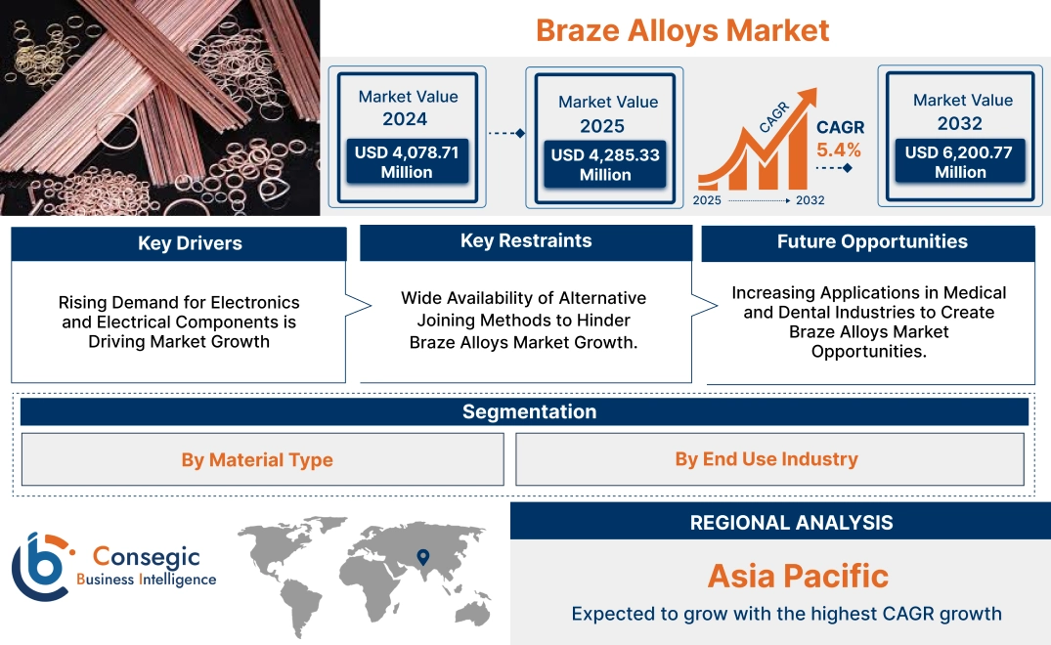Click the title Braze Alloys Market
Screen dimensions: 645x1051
pos(682,30)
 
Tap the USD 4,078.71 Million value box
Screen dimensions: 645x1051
pos(407,162)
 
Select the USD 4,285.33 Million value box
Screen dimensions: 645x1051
pos(605,165)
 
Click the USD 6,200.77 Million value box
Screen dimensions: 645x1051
pos(960,162)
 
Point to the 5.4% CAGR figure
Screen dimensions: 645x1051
pos(839,150)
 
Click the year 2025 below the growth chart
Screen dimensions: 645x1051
pos(709,200)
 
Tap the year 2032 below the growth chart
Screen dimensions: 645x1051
pos(810,200)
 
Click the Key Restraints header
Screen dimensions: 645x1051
pos(526,241)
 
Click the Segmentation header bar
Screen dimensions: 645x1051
pos(529,411)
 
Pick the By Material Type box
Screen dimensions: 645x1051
pos(257,460)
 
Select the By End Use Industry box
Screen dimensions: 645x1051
pos(766,459)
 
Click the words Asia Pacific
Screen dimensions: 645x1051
pos(798,576)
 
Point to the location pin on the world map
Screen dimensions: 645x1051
pos(422,557)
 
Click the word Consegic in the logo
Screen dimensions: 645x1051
pos(146,557)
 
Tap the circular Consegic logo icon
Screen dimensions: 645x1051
pos(41,568)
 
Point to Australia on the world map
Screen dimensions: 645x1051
pos(471,609)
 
